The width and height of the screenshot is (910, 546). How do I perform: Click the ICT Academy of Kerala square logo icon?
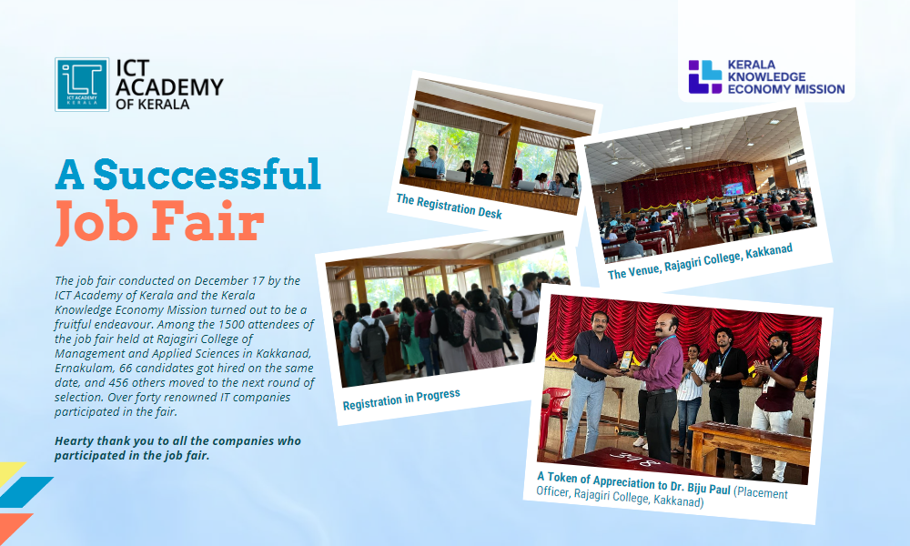click(x=82, y=85)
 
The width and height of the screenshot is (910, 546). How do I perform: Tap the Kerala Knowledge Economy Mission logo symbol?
click(x=704, y=77)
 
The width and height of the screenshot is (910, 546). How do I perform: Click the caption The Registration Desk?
click(x=449, y=207)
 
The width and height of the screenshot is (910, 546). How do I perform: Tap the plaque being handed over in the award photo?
click(x=627, y=359)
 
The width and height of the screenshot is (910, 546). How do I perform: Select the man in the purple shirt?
click(x=660, y=382)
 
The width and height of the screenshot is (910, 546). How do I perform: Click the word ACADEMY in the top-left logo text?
click(x=169, y=86)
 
